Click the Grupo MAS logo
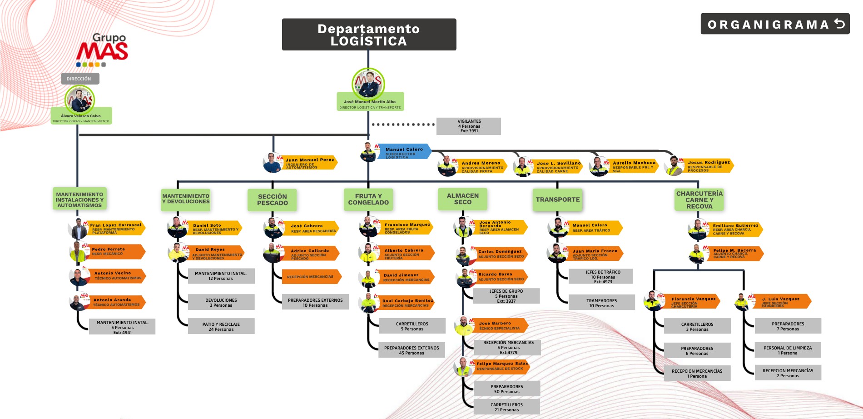[x=103, y=50]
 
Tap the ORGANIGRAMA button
[x=775, y=24]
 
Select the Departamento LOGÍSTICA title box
[x=369, y=35]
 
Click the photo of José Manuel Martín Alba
[x=368, y=83]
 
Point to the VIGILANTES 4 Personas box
[x=468, y=126]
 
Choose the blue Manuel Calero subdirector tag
[x=404, y=152]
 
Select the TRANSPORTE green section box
[x=557, y=200]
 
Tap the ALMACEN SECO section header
[x=462, y=199]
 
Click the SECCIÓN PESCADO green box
[x=272, y=200]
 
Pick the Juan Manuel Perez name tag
[x=310, y=163]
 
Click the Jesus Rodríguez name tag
[x=709, y=165]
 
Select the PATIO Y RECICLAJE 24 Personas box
[x=221, y=326]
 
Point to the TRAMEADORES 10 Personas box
[x=601, y=303]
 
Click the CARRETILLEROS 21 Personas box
[x=506, y=407]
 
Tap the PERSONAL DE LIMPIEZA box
[x=788, y=350]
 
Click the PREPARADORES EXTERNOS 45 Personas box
[x=412, y=350]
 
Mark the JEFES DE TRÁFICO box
[x=600, y=276]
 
